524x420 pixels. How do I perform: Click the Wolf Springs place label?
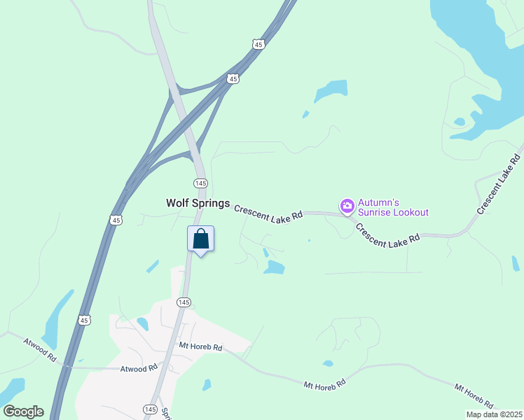pyautogui.click(x=198, y=203)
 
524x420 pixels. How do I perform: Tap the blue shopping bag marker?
pyautogui.click(x=200, y=239)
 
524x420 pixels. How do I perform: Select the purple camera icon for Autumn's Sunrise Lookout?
pyautogui.click(x=347, y=206)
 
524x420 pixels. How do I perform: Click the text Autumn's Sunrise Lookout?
pyautogui.click(x=392, y=207)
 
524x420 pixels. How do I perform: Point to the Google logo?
pyautogui.click(x=23, y=412)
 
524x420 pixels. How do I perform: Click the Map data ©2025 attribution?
pyautogui.click(x=493, y=414)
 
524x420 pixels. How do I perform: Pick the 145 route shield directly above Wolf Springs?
pyautogui.click(x=200, y=183)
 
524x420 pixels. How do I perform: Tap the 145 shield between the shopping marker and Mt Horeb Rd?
pyautogui.click(x=184, y=302)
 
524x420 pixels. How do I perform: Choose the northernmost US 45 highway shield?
pyautogui.click(x=258, y=44)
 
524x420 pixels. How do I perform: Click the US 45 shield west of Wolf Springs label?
pyautogui.click(x=116, y=220)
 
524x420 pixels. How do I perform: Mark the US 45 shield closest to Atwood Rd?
pyautogui.click(x=84, y=320)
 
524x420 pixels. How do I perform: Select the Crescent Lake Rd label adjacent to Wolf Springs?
pyautogui.click(x=268, y=213)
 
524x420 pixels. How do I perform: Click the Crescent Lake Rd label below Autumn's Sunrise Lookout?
pyautogui.click(x=387, y=233)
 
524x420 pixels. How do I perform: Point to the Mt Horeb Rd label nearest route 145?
pyautogui.click(x=200, y=347)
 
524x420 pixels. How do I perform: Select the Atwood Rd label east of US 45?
pyautogui.click(x=139, y=369)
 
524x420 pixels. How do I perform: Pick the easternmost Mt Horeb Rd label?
pyautogui.click(x=474, y=396)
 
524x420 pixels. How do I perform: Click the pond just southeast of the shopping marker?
pyautogui.click(x=274, y=267)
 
